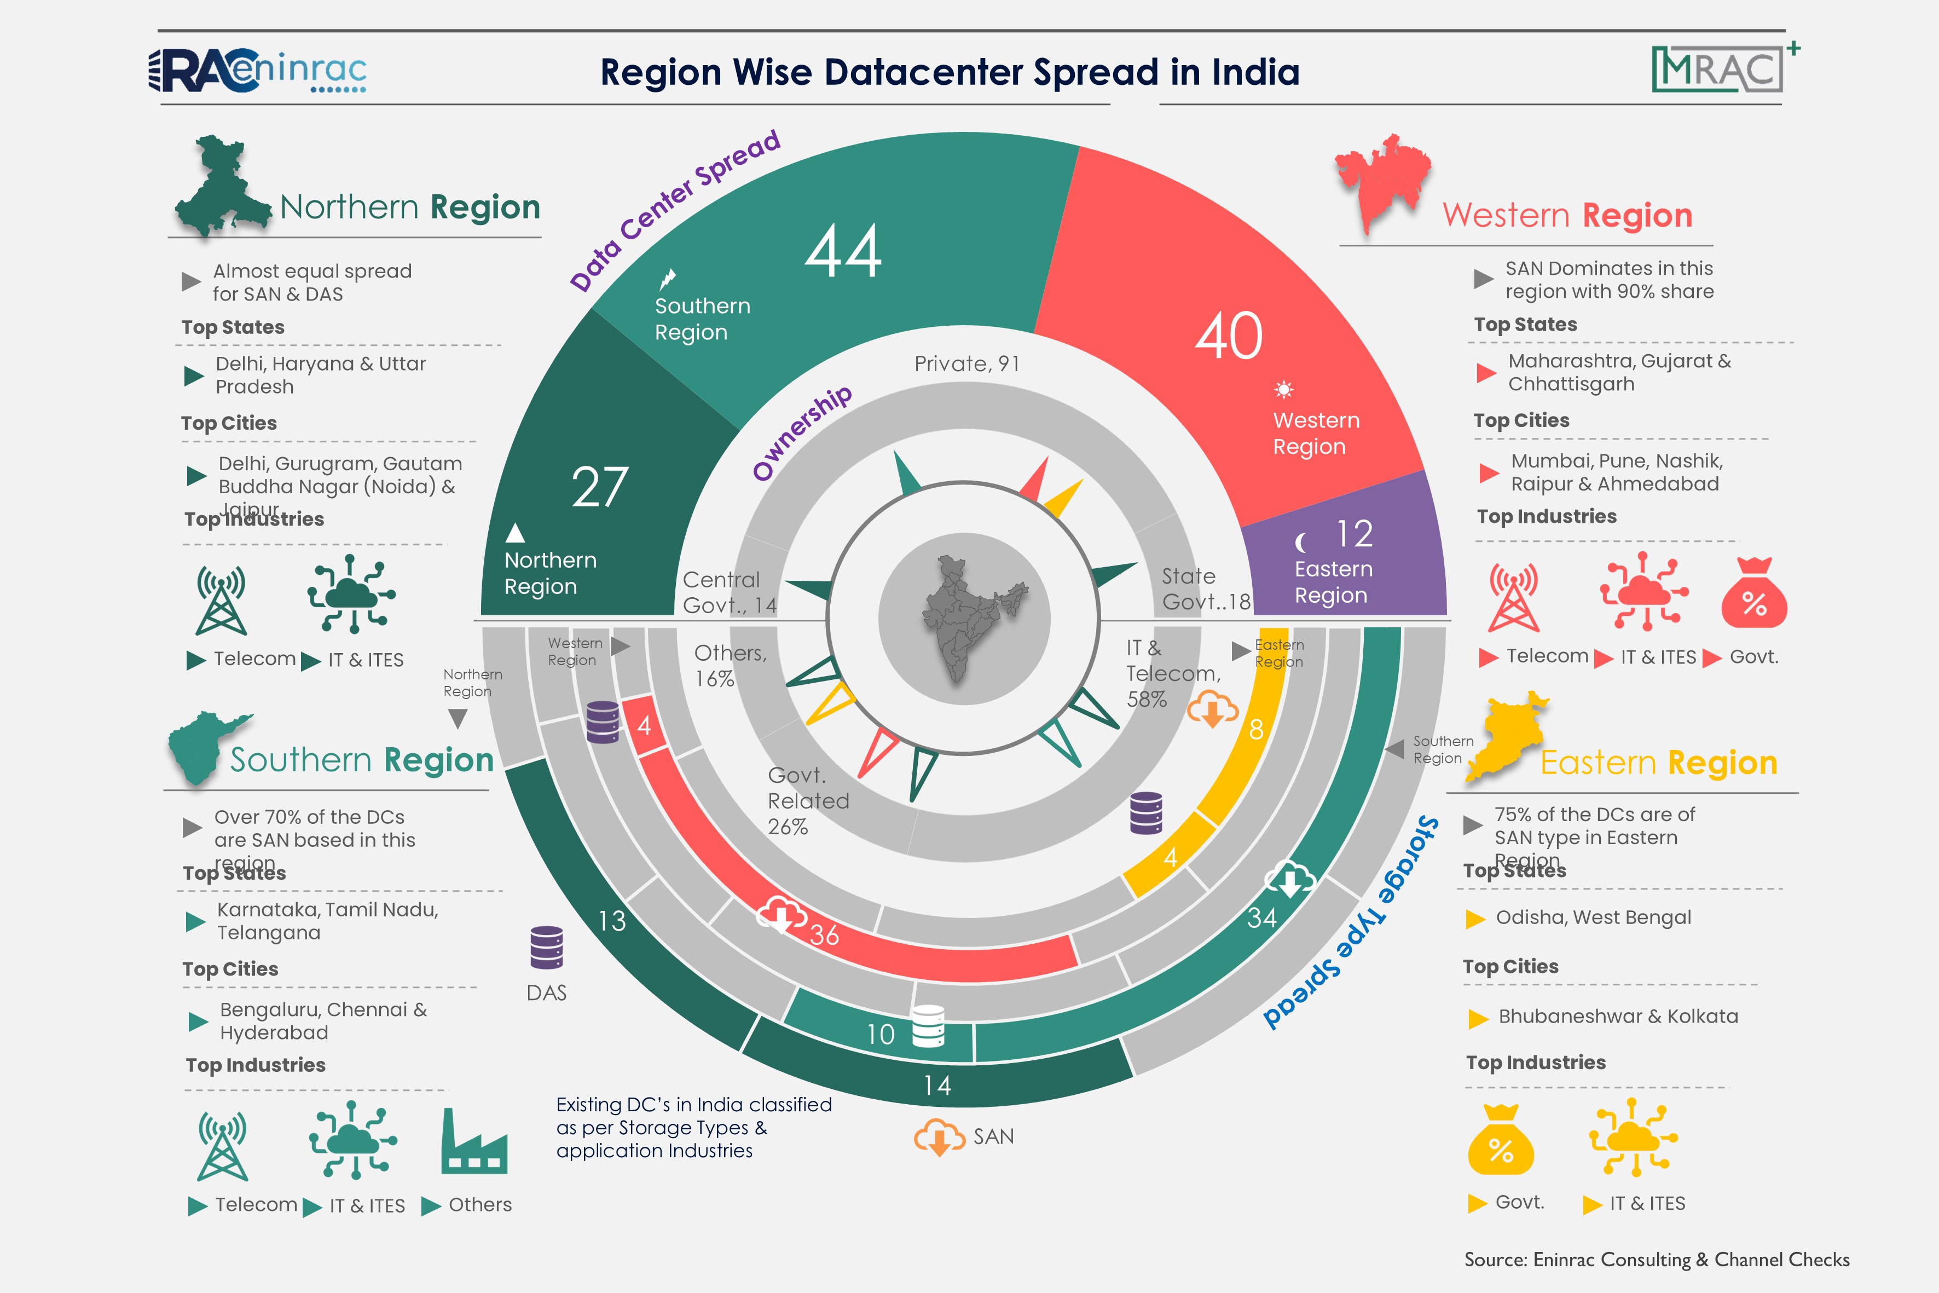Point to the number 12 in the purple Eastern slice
(1355, 534)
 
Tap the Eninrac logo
(258, 71)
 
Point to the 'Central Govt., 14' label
(729, 592)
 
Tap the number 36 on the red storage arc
(824, 934)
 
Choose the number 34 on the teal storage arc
(1261, 917)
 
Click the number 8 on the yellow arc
(1255, 729)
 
